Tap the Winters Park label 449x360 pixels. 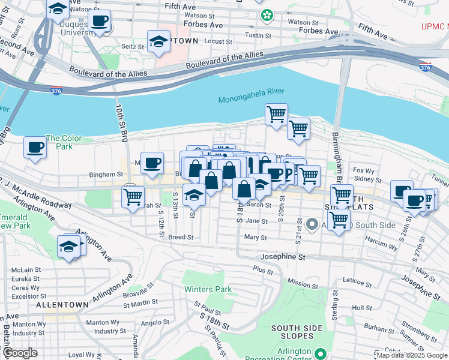pos(207,289)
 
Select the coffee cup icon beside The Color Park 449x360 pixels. pos(35,148)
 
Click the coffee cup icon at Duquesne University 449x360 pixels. pos(100,22)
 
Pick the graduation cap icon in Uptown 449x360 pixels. pos(158,41)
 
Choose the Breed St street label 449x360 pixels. pos(180,237)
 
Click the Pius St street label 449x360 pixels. pos(263,271)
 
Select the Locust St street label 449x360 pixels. pos(218,42)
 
